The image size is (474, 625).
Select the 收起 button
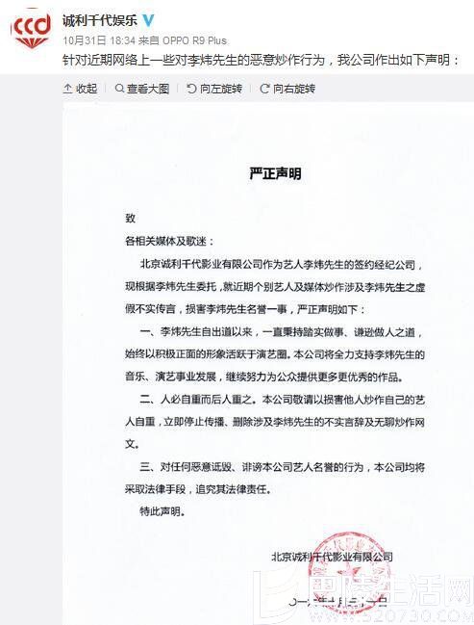[81, 88]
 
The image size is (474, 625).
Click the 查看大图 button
[144, 88]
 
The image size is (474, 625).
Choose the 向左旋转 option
[211, 88]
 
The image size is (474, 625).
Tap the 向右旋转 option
[287, 88]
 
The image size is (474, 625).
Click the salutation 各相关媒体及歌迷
[170, 240]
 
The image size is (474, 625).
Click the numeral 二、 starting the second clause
[148, 400]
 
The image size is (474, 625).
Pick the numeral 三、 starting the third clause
[148, 468]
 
